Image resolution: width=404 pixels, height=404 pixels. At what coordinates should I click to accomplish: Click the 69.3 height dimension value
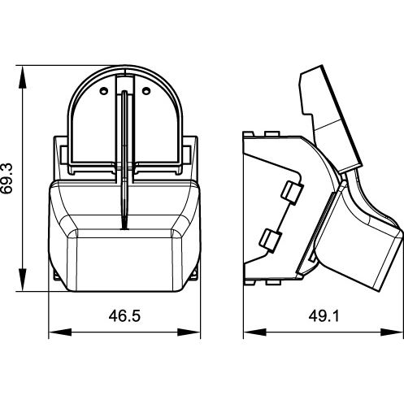(x=7, y=178)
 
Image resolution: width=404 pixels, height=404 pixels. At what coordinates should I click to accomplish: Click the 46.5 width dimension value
(x=124, y=316)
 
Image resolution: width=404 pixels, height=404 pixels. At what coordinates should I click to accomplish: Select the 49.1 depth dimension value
(x=324, y=316)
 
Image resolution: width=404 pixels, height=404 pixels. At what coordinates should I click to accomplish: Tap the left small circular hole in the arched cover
(x=103, y=91)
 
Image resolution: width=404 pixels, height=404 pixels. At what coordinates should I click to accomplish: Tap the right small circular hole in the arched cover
(x=146, y=91)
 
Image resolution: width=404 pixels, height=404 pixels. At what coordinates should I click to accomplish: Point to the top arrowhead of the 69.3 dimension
(x=23, y=77)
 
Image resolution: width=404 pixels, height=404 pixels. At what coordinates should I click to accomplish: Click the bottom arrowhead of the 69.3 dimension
(x=23, y=280)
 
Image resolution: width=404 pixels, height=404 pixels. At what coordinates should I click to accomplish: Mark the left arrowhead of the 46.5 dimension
(x=60, y=332)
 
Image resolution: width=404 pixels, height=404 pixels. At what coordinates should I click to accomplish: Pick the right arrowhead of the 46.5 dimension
(x=189, y=332)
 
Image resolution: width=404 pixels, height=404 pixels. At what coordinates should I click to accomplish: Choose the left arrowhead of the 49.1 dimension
(x=254, y=332)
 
